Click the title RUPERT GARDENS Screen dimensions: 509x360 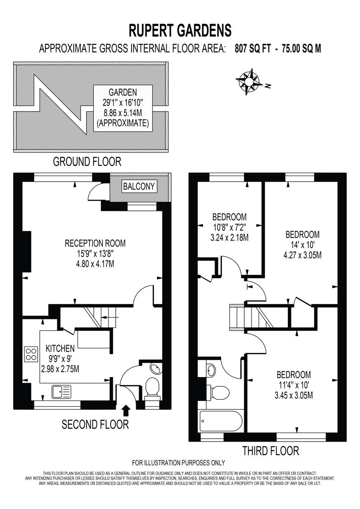coord(180,31)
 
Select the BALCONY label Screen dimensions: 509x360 coord(139,186)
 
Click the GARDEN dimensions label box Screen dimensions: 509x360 coord(123,108)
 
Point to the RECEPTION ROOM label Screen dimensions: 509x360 coord(95,253)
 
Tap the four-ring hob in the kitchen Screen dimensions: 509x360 coord(31,353)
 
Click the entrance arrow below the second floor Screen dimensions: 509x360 coord(126,410)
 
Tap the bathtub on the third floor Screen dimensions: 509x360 coord(221,421)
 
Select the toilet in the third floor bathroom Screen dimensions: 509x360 coord(218,391)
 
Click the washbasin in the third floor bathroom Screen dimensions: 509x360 coord(211,370)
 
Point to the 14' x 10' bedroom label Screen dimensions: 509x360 coord(302,245)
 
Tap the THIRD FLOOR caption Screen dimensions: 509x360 coord(271,451)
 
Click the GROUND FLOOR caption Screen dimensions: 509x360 coord(87,162)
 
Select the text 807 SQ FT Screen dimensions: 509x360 coord(253,48)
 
